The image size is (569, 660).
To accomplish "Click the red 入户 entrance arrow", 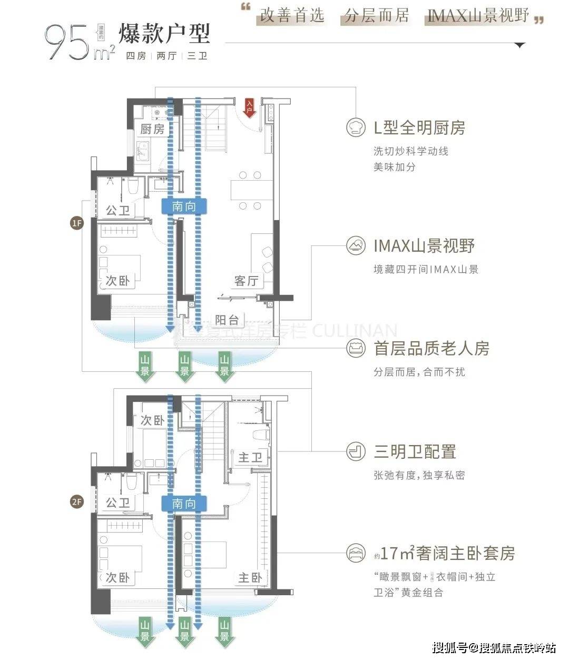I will (249, 107).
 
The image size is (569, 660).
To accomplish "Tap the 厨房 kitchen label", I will (153, 129).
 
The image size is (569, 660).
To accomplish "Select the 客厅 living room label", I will (247, 281).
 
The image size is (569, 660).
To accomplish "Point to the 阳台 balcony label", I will (227, 320).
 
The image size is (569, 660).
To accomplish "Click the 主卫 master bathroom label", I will (250, 457).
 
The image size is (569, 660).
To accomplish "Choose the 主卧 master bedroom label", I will (250, 578).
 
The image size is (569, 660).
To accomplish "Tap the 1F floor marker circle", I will (77, 223).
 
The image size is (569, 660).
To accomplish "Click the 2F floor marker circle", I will (77, 501).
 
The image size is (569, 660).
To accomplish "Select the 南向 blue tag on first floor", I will (184, 206).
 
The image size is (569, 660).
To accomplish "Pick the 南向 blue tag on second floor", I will (184, 504).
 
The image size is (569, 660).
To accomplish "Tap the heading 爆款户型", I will (164, 34).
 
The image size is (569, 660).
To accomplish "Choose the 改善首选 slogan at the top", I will (291, 16).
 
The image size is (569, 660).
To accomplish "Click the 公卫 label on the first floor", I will (118, 211).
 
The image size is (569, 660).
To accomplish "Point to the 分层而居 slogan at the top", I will (376, 16).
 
